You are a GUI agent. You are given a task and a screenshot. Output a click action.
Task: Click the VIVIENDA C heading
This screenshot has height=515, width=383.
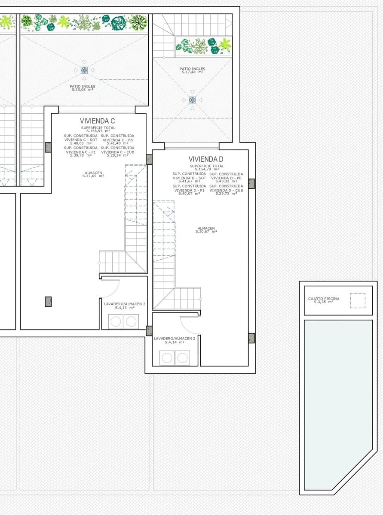pos(97,121)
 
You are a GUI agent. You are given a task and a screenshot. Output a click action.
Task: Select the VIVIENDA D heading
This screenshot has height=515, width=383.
pos(205,159)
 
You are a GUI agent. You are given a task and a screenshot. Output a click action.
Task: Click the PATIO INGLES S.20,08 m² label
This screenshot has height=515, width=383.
pos(83,88)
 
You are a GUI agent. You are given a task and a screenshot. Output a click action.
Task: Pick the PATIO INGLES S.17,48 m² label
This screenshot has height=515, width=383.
pos(192,70)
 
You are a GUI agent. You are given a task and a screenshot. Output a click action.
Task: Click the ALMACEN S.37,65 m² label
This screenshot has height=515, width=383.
pos(94,174)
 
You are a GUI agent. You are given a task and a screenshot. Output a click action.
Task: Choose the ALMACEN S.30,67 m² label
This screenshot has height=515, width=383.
pos(206,230)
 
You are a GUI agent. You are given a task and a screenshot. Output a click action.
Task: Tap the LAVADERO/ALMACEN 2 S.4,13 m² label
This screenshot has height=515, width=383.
pos(125,306)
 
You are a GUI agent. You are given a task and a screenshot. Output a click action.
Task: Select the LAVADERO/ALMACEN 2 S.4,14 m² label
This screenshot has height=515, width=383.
pos(175,340)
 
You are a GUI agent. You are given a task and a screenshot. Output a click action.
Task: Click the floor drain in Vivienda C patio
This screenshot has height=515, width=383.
pos(84,70)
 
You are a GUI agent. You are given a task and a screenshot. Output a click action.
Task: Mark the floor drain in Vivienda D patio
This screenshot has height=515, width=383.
pos(192,100)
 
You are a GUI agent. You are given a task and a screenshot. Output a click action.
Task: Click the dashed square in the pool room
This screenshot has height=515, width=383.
pos(357,300)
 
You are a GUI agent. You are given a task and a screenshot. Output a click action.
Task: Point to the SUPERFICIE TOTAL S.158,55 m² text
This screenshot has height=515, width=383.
pos(98,129)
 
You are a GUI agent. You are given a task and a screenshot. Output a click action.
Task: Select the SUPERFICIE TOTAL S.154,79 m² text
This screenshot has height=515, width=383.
pos(206,167)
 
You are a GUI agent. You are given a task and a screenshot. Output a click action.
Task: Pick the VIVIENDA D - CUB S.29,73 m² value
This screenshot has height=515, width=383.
pos(226,192)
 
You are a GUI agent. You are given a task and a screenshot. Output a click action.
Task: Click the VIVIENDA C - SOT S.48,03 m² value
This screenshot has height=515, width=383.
pos(81,141)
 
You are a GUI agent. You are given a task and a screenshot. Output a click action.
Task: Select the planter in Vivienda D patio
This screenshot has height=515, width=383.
pos(203,45)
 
